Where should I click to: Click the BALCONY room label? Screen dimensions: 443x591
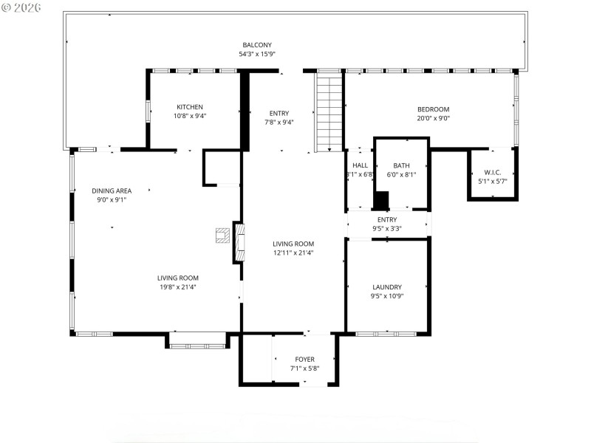click(256, 44)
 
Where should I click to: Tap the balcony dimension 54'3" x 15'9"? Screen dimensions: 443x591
click(256, 54)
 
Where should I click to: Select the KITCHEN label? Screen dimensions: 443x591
click(189, 107)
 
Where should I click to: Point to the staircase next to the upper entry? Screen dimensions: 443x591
click(329, 111)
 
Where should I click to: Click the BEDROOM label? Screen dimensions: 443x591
click(433, 109)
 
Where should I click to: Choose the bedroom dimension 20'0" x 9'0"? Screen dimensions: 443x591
click(433, 118)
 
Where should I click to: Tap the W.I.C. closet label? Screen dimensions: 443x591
click(493, 172)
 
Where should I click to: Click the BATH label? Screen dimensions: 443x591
click(401, 166)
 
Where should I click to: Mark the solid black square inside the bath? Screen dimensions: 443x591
click(381, 200)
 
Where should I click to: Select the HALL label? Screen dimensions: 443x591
click(360, 166)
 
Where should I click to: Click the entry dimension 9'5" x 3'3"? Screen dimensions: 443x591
click(387, 229)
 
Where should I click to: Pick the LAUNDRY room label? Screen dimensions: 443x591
click(387, 287)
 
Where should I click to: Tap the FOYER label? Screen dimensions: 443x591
click(304, 360)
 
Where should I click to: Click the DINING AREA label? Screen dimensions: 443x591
click(112, 190)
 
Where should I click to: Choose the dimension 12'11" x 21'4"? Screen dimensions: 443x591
click(293, 253)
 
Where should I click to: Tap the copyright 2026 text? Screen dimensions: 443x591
click(22, 7)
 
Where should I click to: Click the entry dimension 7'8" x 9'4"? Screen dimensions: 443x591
click(279, 123)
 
